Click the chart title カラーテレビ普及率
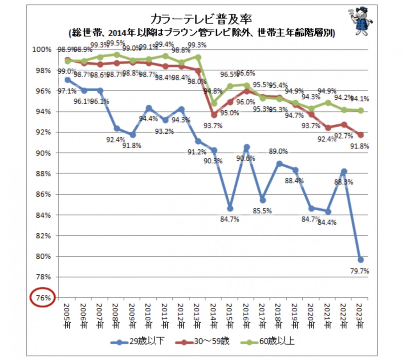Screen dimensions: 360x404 click(201, 20)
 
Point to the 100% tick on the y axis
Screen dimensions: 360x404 click(42, 50)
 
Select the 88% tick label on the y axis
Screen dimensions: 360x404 click(43, 174)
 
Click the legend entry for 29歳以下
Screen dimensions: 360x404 click(138, 341)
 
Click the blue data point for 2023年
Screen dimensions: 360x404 click(361, 260)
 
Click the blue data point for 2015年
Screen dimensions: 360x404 click(230, 208)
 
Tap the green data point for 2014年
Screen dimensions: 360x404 click(214, 103)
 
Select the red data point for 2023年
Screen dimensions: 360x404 click(361, 135)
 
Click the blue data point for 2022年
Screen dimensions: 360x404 click(344, 171)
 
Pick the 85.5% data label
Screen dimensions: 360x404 click(263, 211)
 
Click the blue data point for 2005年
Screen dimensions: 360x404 click(67, 80)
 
